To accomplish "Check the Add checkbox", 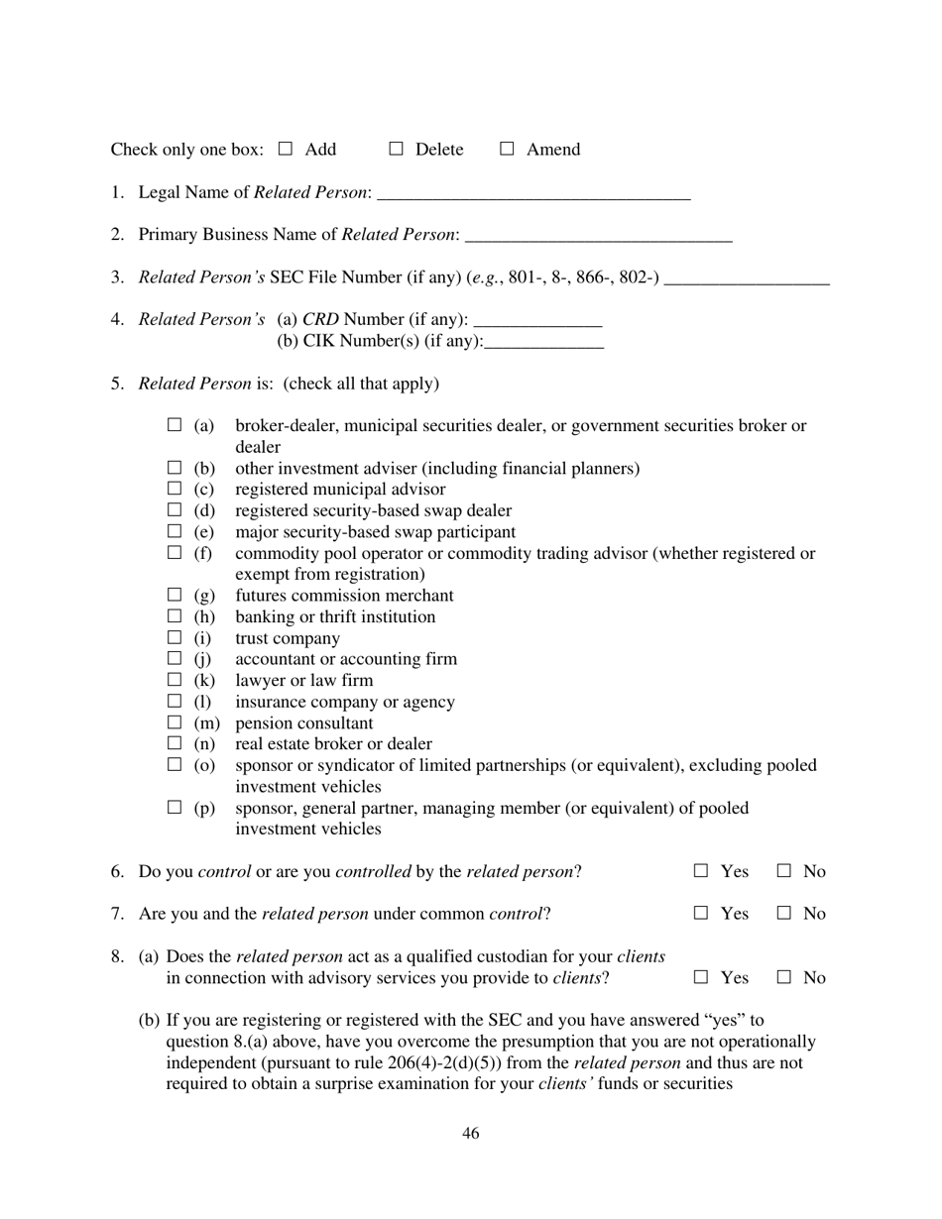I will click(x=286, y=149).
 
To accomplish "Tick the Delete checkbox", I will click(x=396, y=149).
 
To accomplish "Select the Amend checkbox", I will click(x=507, y=149).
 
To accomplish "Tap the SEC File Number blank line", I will click(x=746, y=278).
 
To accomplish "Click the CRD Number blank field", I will click(x=538, y=320).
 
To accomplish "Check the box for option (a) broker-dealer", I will click(x=175, y=425).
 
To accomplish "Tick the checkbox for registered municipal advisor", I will click(x=175, y=489).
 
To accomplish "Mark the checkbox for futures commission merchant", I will click(x=175, y=595).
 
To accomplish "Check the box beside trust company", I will click(x=175, y=637).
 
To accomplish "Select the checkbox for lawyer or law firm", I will click(x=175, y=680).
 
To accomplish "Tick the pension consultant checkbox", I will click(x=175, y=722).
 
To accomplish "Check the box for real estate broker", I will click(x=175, y=743).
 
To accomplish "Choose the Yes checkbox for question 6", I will click(x=701, y=871).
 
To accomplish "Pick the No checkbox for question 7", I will click(x=784, y=913).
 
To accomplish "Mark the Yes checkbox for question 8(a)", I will click(x=701, y=977).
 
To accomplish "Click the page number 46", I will click(x=471, y=1133).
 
